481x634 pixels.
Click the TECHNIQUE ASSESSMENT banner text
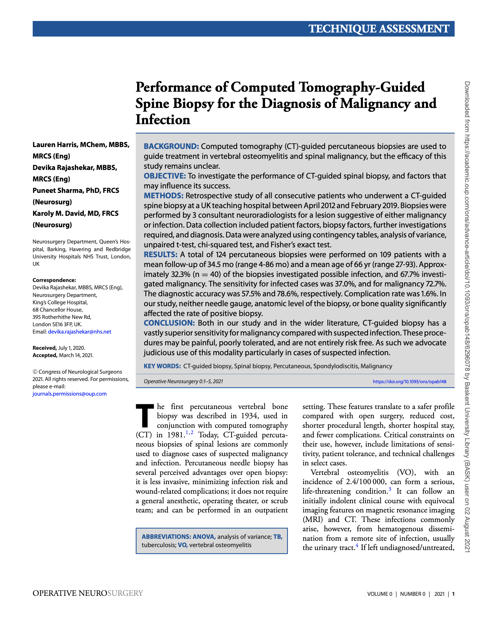tap(379, 29)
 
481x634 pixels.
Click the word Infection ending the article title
tap(163, 120)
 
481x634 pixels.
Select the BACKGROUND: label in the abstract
tap(171, 146)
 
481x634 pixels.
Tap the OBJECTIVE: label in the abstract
tap(164, 176)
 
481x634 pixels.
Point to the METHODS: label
tap(164, 196)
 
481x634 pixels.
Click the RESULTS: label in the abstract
tap(160, 255)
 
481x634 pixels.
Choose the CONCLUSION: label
tap(169, 323)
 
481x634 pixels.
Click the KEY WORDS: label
tap(162, 366)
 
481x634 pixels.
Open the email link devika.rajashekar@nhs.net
tap(80, 332)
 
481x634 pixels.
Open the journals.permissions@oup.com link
tap(69, 394)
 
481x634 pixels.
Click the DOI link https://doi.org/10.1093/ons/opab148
tap(409, 381)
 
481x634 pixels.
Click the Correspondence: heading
tap(54, 280)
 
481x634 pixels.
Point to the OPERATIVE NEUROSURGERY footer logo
tap(88, 593)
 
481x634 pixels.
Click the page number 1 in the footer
tap(453, 594)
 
